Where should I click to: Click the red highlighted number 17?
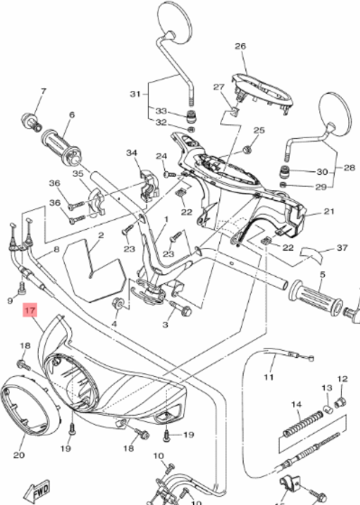30,310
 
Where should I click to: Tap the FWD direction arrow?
39,492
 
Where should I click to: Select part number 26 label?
240,46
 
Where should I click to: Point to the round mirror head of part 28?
335,114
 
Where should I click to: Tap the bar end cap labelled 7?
32,123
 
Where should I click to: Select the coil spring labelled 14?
303,423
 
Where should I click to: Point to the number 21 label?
328,211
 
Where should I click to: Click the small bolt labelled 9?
23,288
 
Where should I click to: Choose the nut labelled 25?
247,150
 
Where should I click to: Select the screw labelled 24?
170,175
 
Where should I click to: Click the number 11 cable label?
269,377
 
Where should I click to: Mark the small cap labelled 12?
340,402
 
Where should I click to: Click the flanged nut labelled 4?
117,303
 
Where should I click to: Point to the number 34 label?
132,152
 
